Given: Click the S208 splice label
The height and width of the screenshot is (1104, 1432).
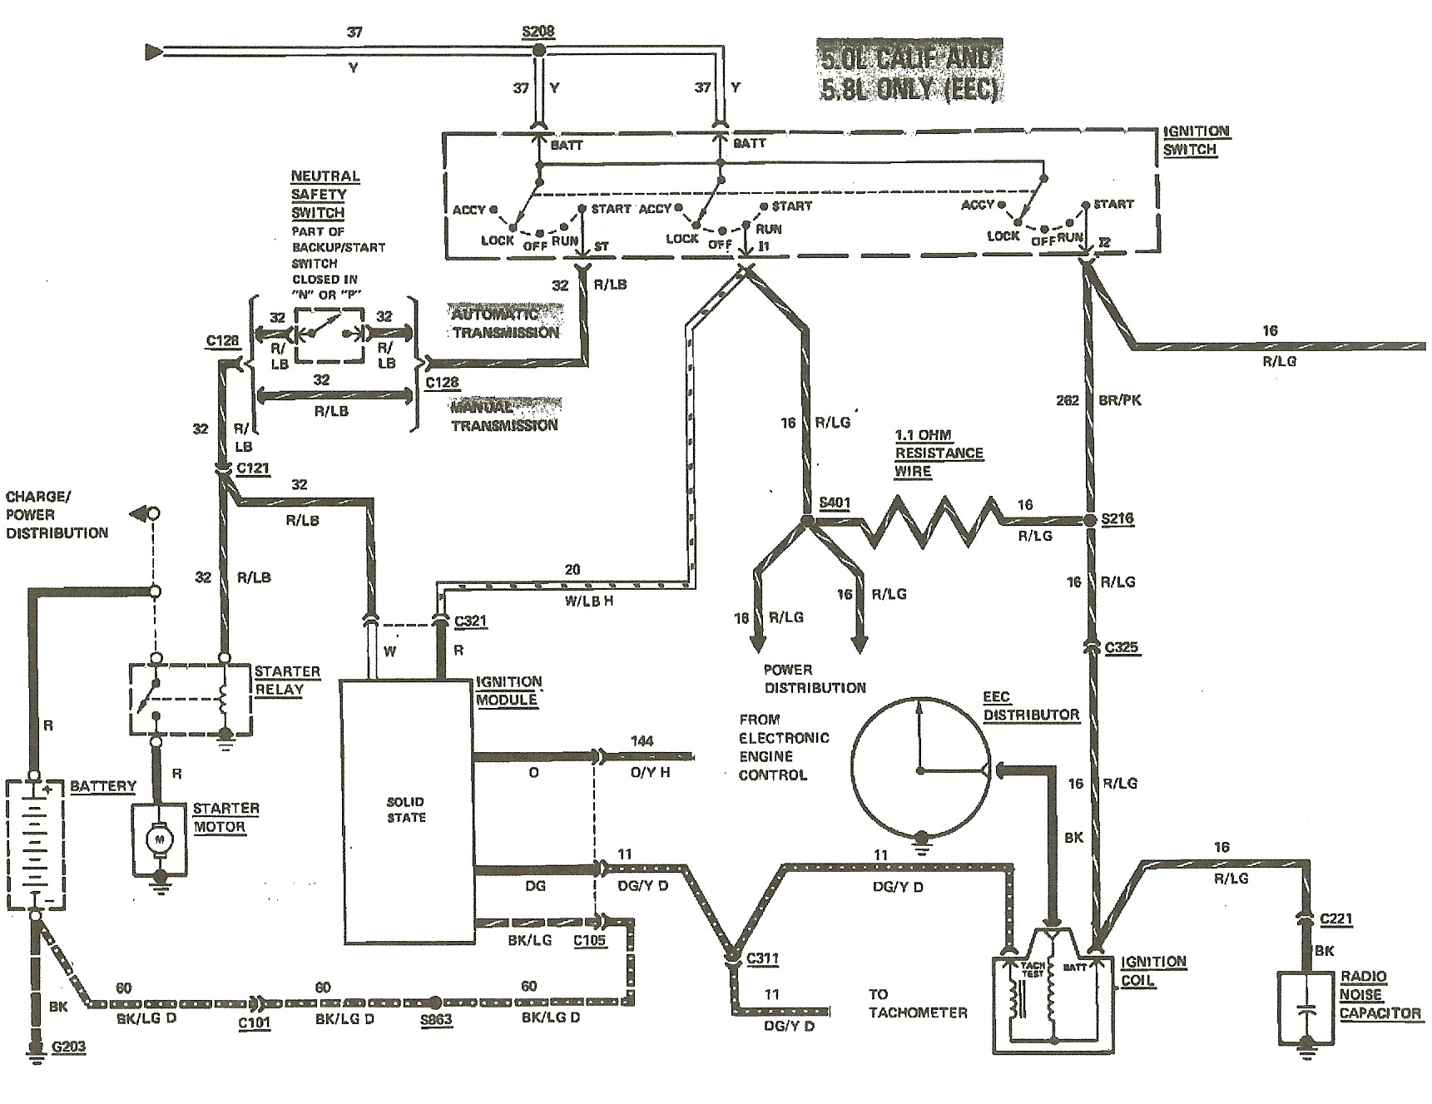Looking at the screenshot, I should pyautogui.click(x=538, y=32).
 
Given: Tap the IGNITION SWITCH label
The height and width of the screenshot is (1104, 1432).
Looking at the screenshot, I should pyautogui.click(x=1196, y=141).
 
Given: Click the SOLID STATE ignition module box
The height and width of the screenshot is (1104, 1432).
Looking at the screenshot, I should pyautogui.click(x=407, y=810).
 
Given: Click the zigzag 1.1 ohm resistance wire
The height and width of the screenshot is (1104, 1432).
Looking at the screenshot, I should pyautogui.click(x=932, y=522).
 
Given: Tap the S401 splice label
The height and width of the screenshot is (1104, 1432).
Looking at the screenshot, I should pyautogui.click(x=835, y=503).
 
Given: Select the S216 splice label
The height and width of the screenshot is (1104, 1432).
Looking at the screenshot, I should pyautogui.click(x=1117, y=518).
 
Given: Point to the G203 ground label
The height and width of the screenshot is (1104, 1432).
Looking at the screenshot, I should pyautogui.click(x=68, y=1047).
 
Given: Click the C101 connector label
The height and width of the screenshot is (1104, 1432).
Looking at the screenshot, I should pyautogui.click(x=254, y=1022).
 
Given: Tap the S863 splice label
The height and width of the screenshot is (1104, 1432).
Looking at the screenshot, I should pyautogui.click(x=436, y=1021).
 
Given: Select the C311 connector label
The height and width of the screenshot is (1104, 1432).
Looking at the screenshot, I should pyautogui.click(x=762, y=958).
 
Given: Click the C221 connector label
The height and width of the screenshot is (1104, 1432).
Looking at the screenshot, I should pyautogui.click(x=1335, y=918).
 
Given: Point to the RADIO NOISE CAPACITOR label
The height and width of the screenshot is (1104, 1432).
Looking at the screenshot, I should pyautogui.click(x=1380, y=995).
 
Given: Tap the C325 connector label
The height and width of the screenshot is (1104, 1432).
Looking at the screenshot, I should pyautogui.click(x=1121, y=647).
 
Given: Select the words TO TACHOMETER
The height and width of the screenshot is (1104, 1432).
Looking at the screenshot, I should pyautogui.click(x=918, y=1003).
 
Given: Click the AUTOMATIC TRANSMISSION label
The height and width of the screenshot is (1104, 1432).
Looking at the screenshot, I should pyautogui.click(x=505, y=324).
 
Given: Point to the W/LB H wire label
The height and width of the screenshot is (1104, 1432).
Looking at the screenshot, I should pyautogui.click(x=589, y=601).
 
